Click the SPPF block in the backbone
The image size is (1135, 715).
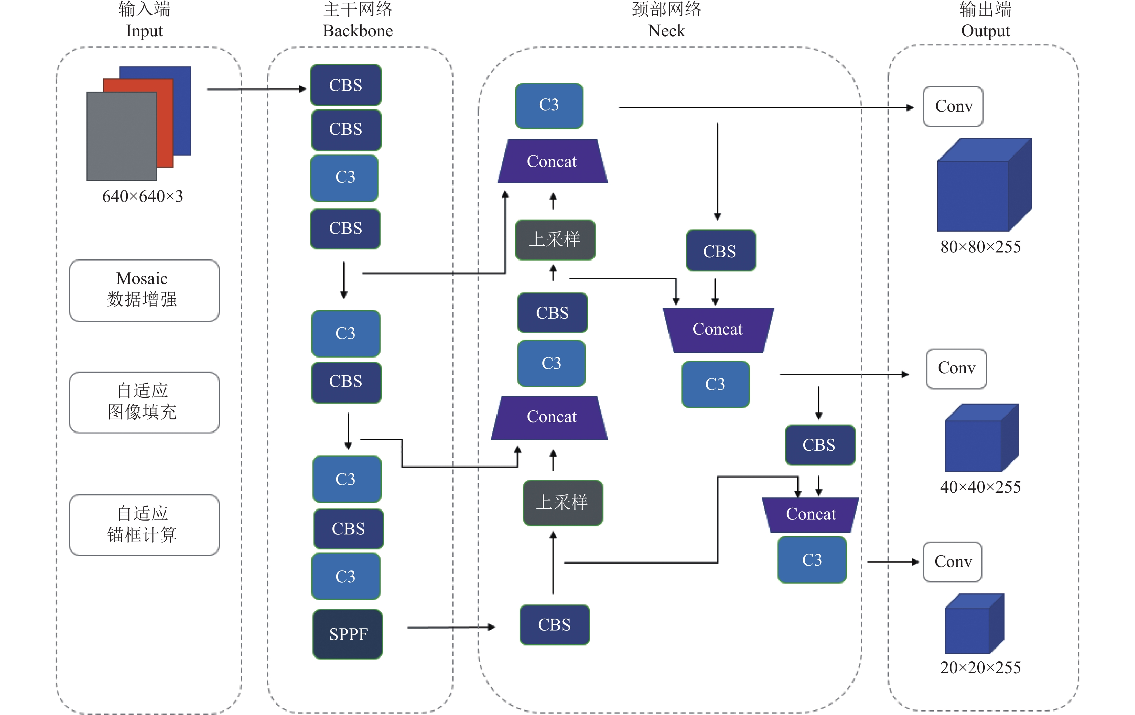(x=347, y=634)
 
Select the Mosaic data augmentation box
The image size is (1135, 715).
(x=144, y=290)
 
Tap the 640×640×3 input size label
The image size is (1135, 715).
(x=142, y=196)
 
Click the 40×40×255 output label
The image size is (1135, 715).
(x=980, y=486)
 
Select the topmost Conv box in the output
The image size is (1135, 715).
(x=953, y=106)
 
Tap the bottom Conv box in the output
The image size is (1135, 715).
(x=953, y=561)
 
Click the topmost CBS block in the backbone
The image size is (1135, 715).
(x=346, y=85)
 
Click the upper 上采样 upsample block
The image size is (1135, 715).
(x=555, y=240)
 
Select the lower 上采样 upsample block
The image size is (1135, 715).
(x=563, y=502)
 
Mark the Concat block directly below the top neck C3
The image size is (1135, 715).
(x=553, y=161)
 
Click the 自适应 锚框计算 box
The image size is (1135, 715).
(x=144, y=525)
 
